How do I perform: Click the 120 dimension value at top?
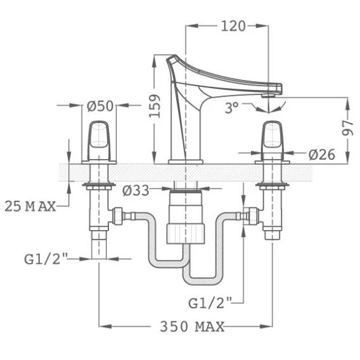[233, 26]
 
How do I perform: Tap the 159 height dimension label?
[155, 106]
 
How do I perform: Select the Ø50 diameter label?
[100, 106]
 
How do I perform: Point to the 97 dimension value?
[347, 128]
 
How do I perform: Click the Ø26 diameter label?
[322, 155]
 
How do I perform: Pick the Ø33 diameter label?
[136, 190]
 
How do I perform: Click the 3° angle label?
[232, 108]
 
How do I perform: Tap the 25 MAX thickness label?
[30, 206]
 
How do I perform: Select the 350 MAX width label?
[192, 326]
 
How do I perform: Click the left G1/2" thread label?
[46, 259]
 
